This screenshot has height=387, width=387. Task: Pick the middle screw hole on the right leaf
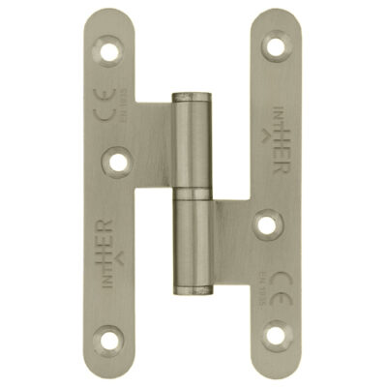268,223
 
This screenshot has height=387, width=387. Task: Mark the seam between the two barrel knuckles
193,193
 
